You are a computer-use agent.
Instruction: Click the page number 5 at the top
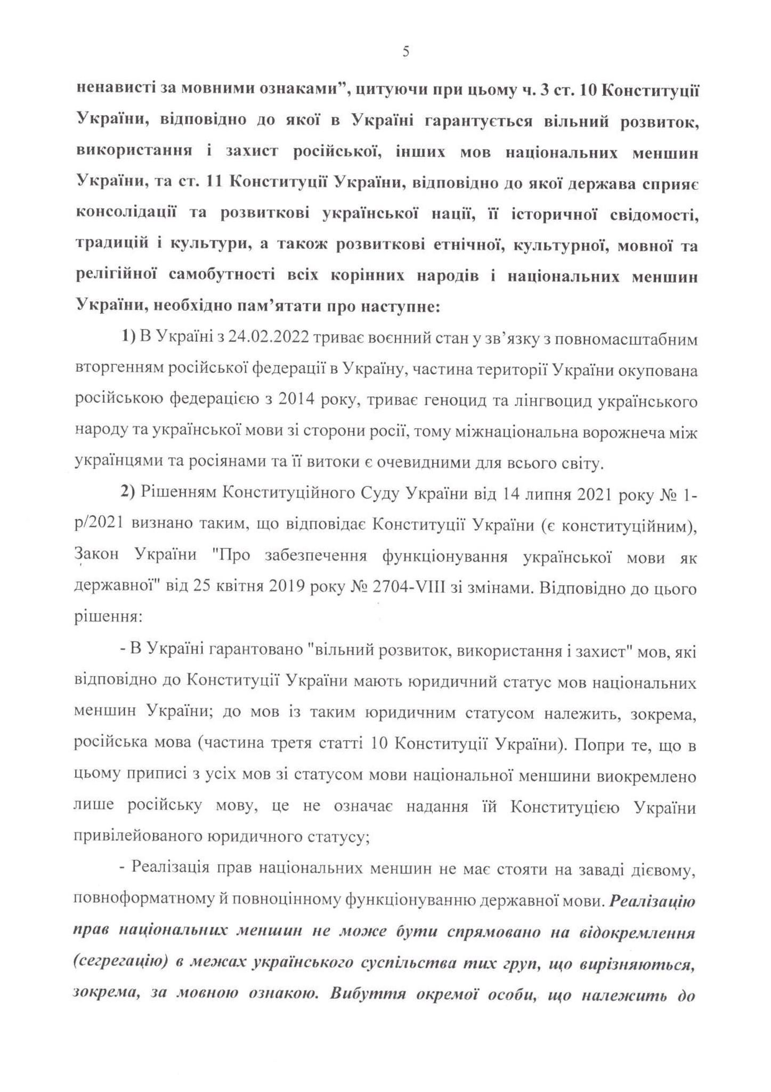(x=406, y=52)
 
